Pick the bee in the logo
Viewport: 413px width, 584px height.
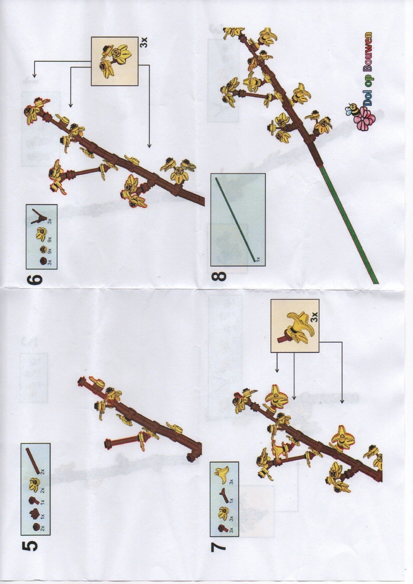coord(352,110)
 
